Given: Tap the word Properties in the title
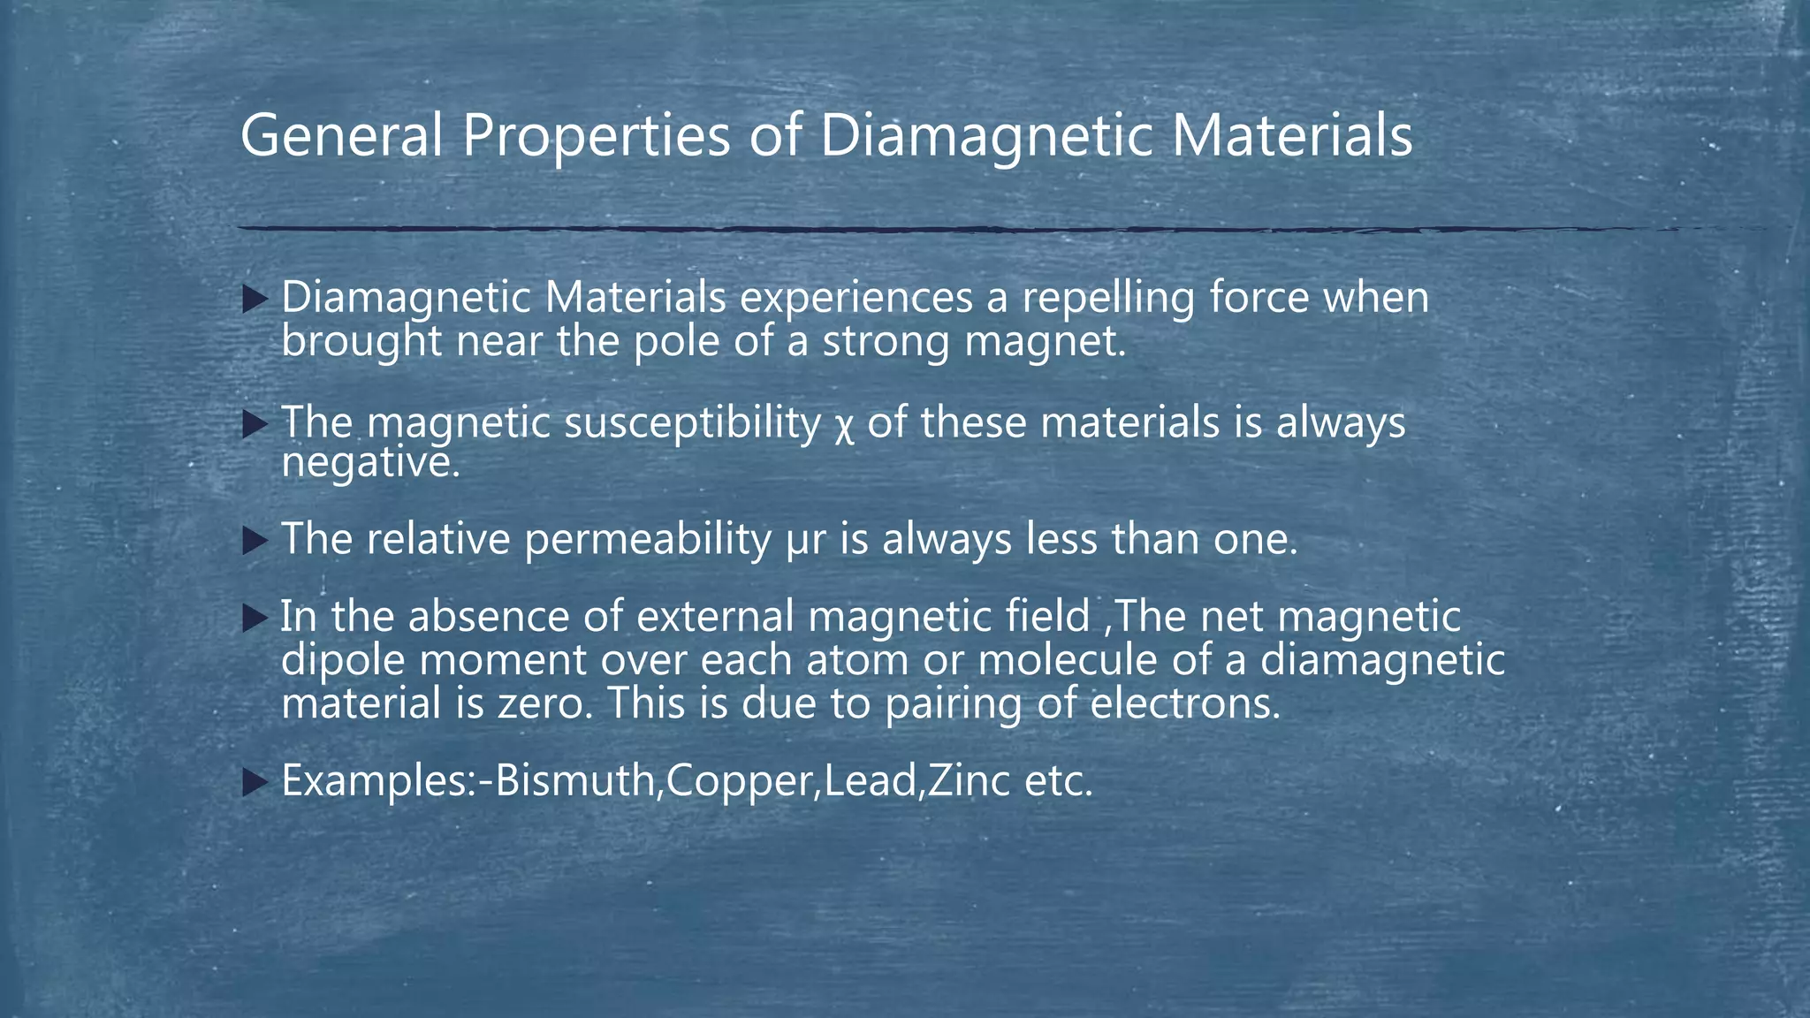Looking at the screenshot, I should pos(597,137).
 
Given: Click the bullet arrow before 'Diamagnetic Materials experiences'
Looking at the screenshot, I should pos(255,300).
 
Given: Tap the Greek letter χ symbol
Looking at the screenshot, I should pos(844,425).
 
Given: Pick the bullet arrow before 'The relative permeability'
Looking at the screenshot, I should pos(255,541).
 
